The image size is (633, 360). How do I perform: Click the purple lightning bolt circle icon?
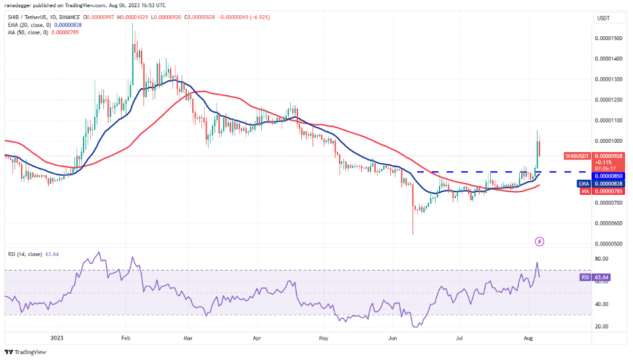(540, 242)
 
